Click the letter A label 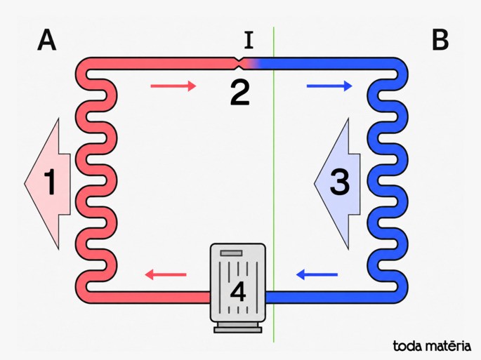[x=47, y=40]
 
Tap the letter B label [x=440, y=40]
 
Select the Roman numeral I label [x=249, y=41]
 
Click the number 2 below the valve [x=240, y=93]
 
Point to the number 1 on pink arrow [x=51, y=182]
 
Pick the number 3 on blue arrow [x=339, y=182]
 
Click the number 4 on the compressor [x=238, y=292]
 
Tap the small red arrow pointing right [x=173, y=86]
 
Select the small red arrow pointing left [x=165, y=274]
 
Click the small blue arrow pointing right [x=329, y=86]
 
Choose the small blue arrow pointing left [x=317, y=274]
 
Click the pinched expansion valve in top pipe [x=239, y=63]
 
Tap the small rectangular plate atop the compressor [x=231, y=253]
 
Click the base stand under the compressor [x=238, y=328]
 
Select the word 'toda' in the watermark [x=407, y=346]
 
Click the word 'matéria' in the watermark [x=447, y=346]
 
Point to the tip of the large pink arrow [x=25, y=184]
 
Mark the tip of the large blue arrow [x=315, y=184]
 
